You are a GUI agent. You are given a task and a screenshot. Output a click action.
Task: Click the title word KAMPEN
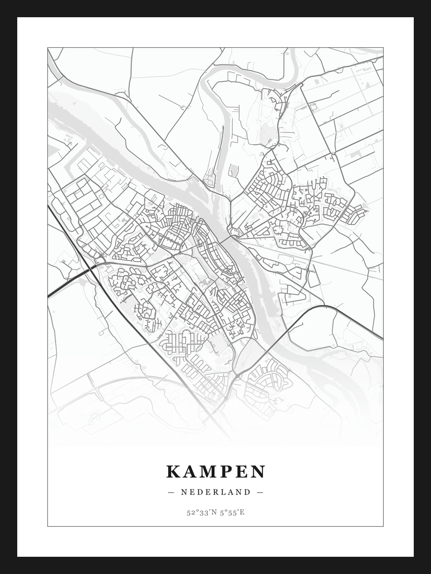215,472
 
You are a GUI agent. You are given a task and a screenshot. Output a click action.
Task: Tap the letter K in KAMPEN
173,472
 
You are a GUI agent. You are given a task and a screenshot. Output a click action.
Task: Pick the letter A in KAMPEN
189,472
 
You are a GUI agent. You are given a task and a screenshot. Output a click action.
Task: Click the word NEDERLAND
215,492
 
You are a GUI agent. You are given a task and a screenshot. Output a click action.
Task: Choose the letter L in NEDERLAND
228,492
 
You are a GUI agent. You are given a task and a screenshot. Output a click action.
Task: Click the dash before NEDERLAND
171,492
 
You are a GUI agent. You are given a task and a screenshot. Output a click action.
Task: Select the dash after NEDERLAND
260,492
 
